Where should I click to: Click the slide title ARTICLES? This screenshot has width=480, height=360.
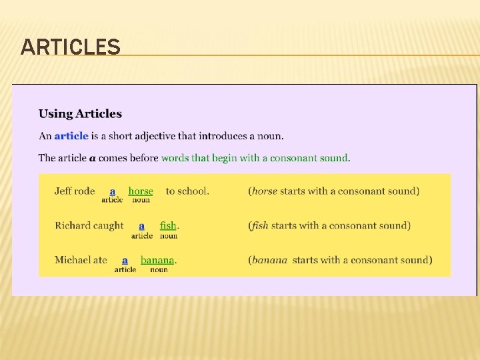71,47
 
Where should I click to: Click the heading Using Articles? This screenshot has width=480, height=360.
80,114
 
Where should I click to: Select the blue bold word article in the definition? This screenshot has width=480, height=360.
71,136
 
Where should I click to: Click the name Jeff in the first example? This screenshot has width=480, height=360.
63,191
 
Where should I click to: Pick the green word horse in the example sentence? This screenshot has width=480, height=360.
141,191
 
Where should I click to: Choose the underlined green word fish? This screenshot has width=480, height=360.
168,225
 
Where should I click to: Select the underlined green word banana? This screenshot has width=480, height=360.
157,260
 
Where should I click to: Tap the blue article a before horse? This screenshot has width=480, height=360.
113,191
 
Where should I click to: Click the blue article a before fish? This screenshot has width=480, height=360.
141,225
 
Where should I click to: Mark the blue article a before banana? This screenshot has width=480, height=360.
125,260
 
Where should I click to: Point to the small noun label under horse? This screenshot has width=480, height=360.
141,200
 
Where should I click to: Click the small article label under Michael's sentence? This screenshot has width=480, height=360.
125,269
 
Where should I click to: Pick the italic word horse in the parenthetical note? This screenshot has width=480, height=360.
265,191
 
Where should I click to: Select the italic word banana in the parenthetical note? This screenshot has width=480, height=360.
269,260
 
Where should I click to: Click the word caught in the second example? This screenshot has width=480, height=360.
108,225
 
